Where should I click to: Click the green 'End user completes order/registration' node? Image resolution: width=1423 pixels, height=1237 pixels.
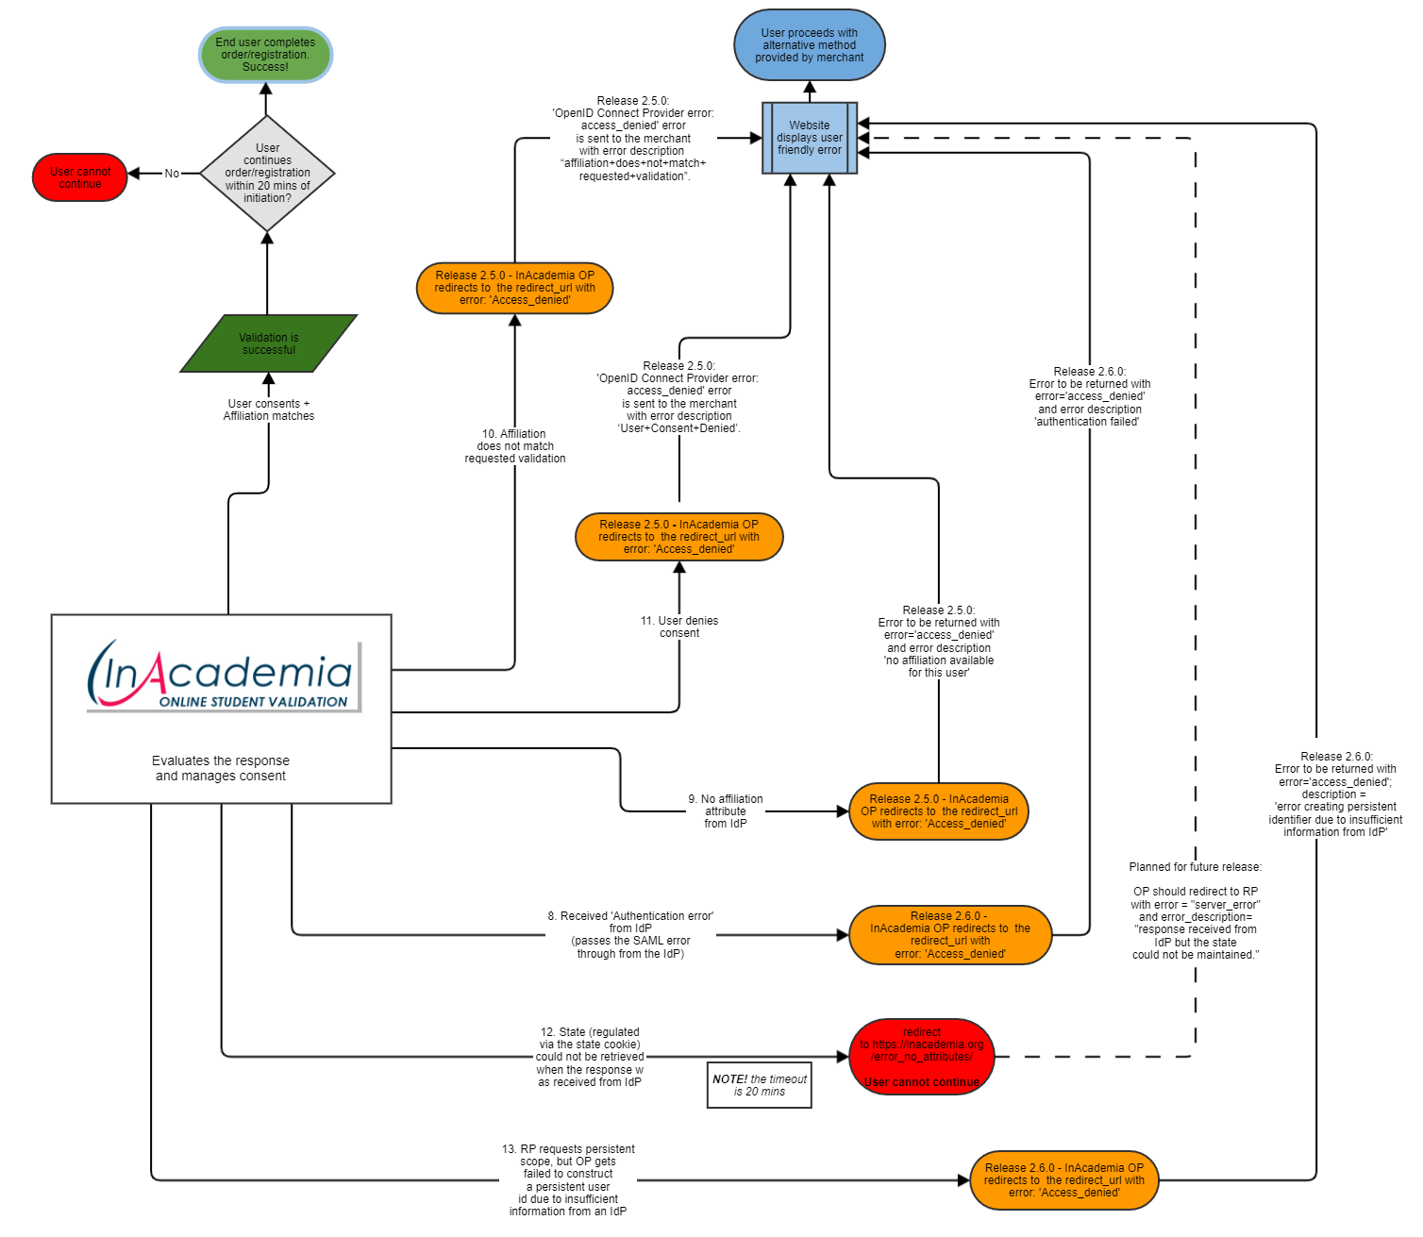click(265, 55)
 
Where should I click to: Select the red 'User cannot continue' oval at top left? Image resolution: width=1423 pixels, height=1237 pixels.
click(80, 177)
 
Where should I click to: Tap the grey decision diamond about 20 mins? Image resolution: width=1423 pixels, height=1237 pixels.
click(267, 174)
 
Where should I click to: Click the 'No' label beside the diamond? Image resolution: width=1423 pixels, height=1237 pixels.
click(172, 174)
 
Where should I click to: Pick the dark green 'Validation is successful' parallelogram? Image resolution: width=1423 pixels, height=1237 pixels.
click(269, 343)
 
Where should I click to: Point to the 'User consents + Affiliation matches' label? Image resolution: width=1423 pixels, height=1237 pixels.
click(269, 410)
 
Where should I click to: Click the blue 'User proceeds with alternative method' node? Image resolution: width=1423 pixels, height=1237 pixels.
click(809, 45)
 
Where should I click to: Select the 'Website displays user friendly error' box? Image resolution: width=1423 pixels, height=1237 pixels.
click(810, 138)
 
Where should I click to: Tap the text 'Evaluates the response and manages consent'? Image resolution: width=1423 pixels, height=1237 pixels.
click(221, 768)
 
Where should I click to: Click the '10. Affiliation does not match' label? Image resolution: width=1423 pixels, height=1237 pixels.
click(515, 446)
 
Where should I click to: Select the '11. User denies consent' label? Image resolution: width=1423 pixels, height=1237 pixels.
click(679, 627)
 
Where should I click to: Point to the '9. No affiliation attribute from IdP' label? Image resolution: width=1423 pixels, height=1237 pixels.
click(725, 811)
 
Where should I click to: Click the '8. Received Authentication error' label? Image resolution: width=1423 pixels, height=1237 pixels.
click(630, 934)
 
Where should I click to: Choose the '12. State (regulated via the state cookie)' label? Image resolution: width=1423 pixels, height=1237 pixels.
click(590, 1057)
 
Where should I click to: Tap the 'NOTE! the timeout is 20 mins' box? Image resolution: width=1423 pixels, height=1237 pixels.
click(760, 1085)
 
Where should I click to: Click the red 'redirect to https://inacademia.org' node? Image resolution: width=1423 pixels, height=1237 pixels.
click(922, 1057)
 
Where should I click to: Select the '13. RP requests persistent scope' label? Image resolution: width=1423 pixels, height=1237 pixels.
click(568, 1179)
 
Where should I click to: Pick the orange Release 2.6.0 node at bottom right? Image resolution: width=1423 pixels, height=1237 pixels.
click(1063, 1179)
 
